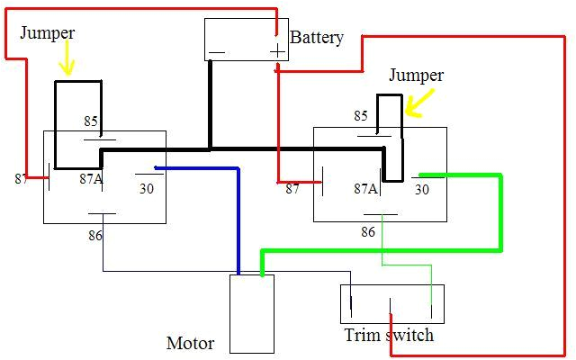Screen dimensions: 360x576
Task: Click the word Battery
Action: pos(317,38)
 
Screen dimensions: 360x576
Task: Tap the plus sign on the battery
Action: pos(276,50)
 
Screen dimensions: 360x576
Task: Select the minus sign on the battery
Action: pos(216,52)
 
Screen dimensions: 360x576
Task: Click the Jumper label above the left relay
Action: pos(47,32)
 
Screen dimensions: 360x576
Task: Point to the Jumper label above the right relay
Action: pos(416,75)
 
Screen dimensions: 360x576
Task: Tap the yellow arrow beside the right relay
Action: pos(414,105)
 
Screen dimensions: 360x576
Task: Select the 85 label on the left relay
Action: pos(91,121)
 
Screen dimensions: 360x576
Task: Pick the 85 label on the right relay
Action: pos(361,116)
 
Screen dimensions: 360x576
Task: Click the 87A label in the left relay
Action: pos(91,178)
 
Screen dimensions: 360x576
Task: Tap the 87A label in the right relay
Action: pos(364,189)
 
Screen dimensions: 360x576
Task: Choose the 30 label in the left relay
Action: pos(146,189)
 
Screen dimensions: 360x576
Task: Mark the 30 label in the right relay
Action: pos(421,189)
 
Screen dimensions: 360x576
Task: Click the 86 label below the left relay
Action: pos(94,235)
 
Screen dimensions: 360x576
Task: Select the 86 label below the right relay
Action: pos(368,232)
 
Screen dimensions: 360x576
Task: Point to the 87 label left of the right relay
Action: pos(292,189)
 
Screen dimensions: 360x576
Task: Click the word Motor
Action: pos(190,343)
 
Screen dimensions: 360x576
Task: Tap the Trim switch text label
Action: pos(389,336)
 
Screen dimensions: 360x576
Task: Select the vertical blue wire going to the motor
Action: pos(238,220)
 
